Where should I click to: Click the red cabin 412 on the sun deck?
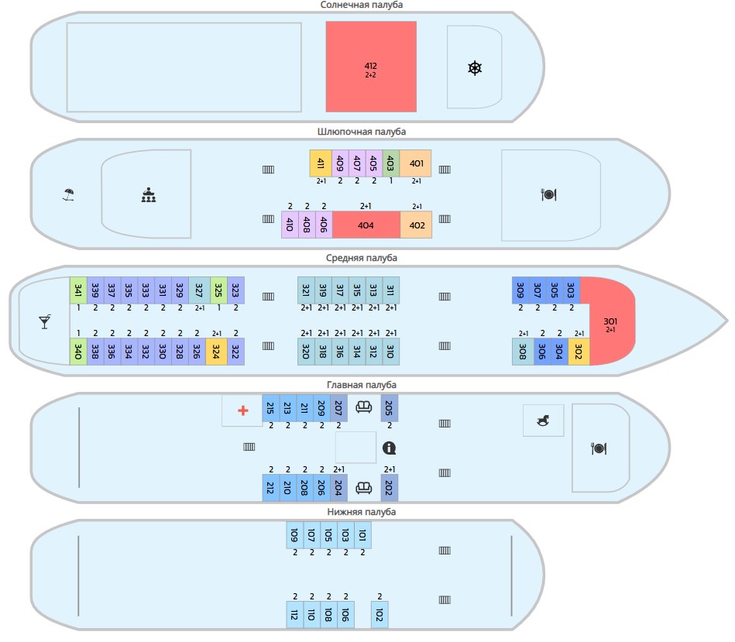click(371, 67)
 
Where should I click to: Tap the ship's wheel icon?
click(475, 68)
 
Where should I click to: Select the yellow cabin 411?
click(321, 163)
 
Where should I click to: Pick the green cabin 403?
click(391, 163)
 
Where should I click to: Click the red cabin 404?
click(366, 225)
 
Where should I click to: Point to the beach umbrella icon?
click(68, 194)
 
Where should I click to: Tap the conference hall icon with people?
click(149, 195)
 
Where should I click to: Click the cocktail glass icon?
click(44, 322)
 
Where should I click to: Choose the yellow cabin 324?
click(216, 352)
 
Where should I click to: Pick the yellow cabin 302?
click(579, 352)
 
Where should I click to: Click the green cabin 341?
click(78, 290)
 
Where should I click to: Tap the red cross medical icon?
click(243, 410)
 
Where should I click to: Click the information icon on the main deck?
click(389, 448)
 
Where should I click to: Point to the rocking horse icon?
click(543, 421)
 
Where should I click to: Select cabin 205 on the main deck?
click(389, 408)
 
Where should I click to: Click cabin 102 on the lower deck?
click(380, 614)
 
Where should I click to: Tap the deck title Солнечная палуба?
click(362, 5)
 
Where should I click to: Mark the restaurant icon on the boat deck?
click(548, 194)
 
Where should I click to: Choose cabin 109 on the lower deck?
click(295, 534)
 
